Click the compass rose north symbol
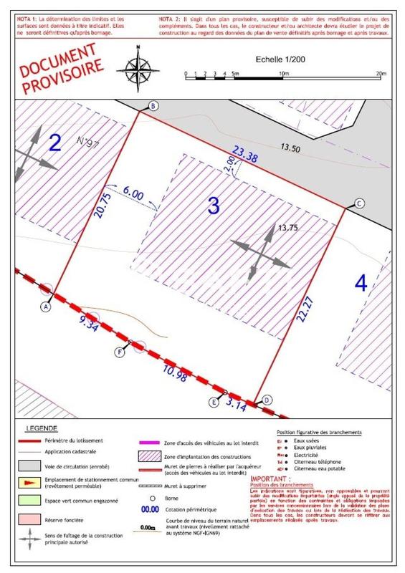pyautogui.click(x=140, y=64)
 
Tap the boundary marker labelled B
pyautogui.click(x=152, y=107)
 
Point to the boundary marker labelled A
pyautogui.click(x=46, y=306)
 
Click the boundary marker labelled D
pyautogui.click(x=267, y=400)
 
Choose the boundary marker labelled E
pyautogui.click(x=214, y=402)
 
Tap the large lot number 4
pyautogui.click(x=361, y=282)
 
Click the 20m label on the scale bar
pyautogui.click(x=380, y=74)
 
